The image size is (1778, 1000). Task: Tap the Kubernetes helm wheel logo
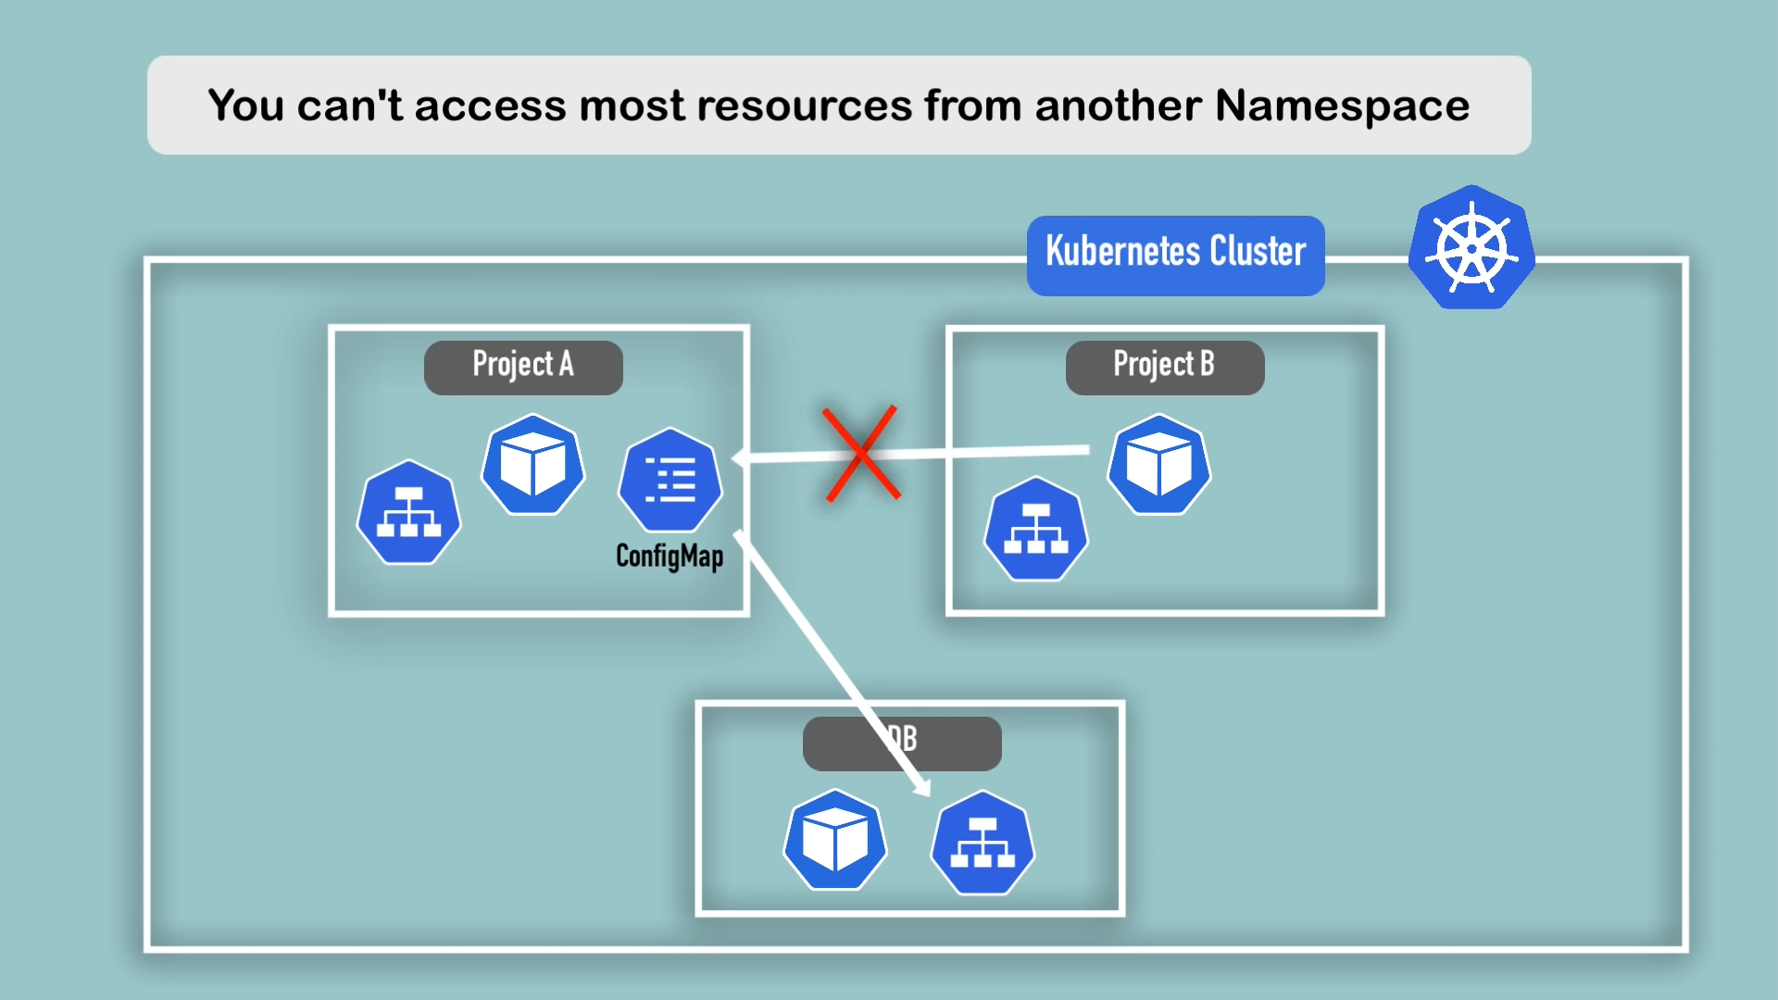1471,248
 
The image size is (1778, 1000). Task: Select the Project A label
523,367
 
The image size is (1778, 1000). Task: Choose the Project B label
1164,367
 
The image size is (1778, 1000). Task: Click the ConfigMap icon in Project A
670,480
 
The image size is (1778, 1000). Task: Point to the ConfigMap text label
670,556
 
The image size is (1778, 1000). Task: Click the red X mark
861,454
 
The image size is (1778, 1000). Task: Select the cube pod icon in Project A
533,465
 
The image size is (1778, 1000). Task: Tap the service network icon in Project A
408,512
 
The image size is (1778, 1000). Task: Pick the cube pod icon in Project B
1159,465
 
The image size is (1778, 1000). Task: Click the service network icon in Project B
1035,529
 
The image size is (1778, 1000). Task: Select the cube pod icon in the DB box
835,840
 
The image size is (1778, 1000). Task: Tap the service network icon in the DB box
983,842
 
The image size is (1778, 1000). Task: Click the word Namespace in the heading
1342,106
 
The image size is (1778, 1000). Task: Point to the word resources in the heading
804,106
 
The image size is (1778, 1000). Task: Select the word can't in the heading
349,106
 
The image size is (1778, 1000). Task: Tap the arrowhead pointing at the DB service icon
922,789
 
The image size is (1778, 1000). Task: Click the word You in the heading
245,106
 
